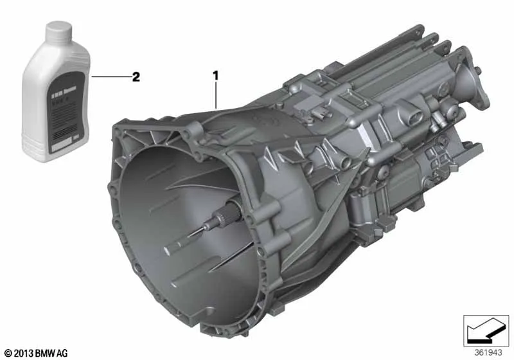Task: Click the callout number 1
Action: click(x=217, y=76)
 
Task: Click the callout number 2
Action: click(x=136, y=76)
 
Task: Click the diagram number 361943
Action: click(x=488, y=352)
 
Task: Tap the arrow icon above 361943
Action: click(x=487, y=330)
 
